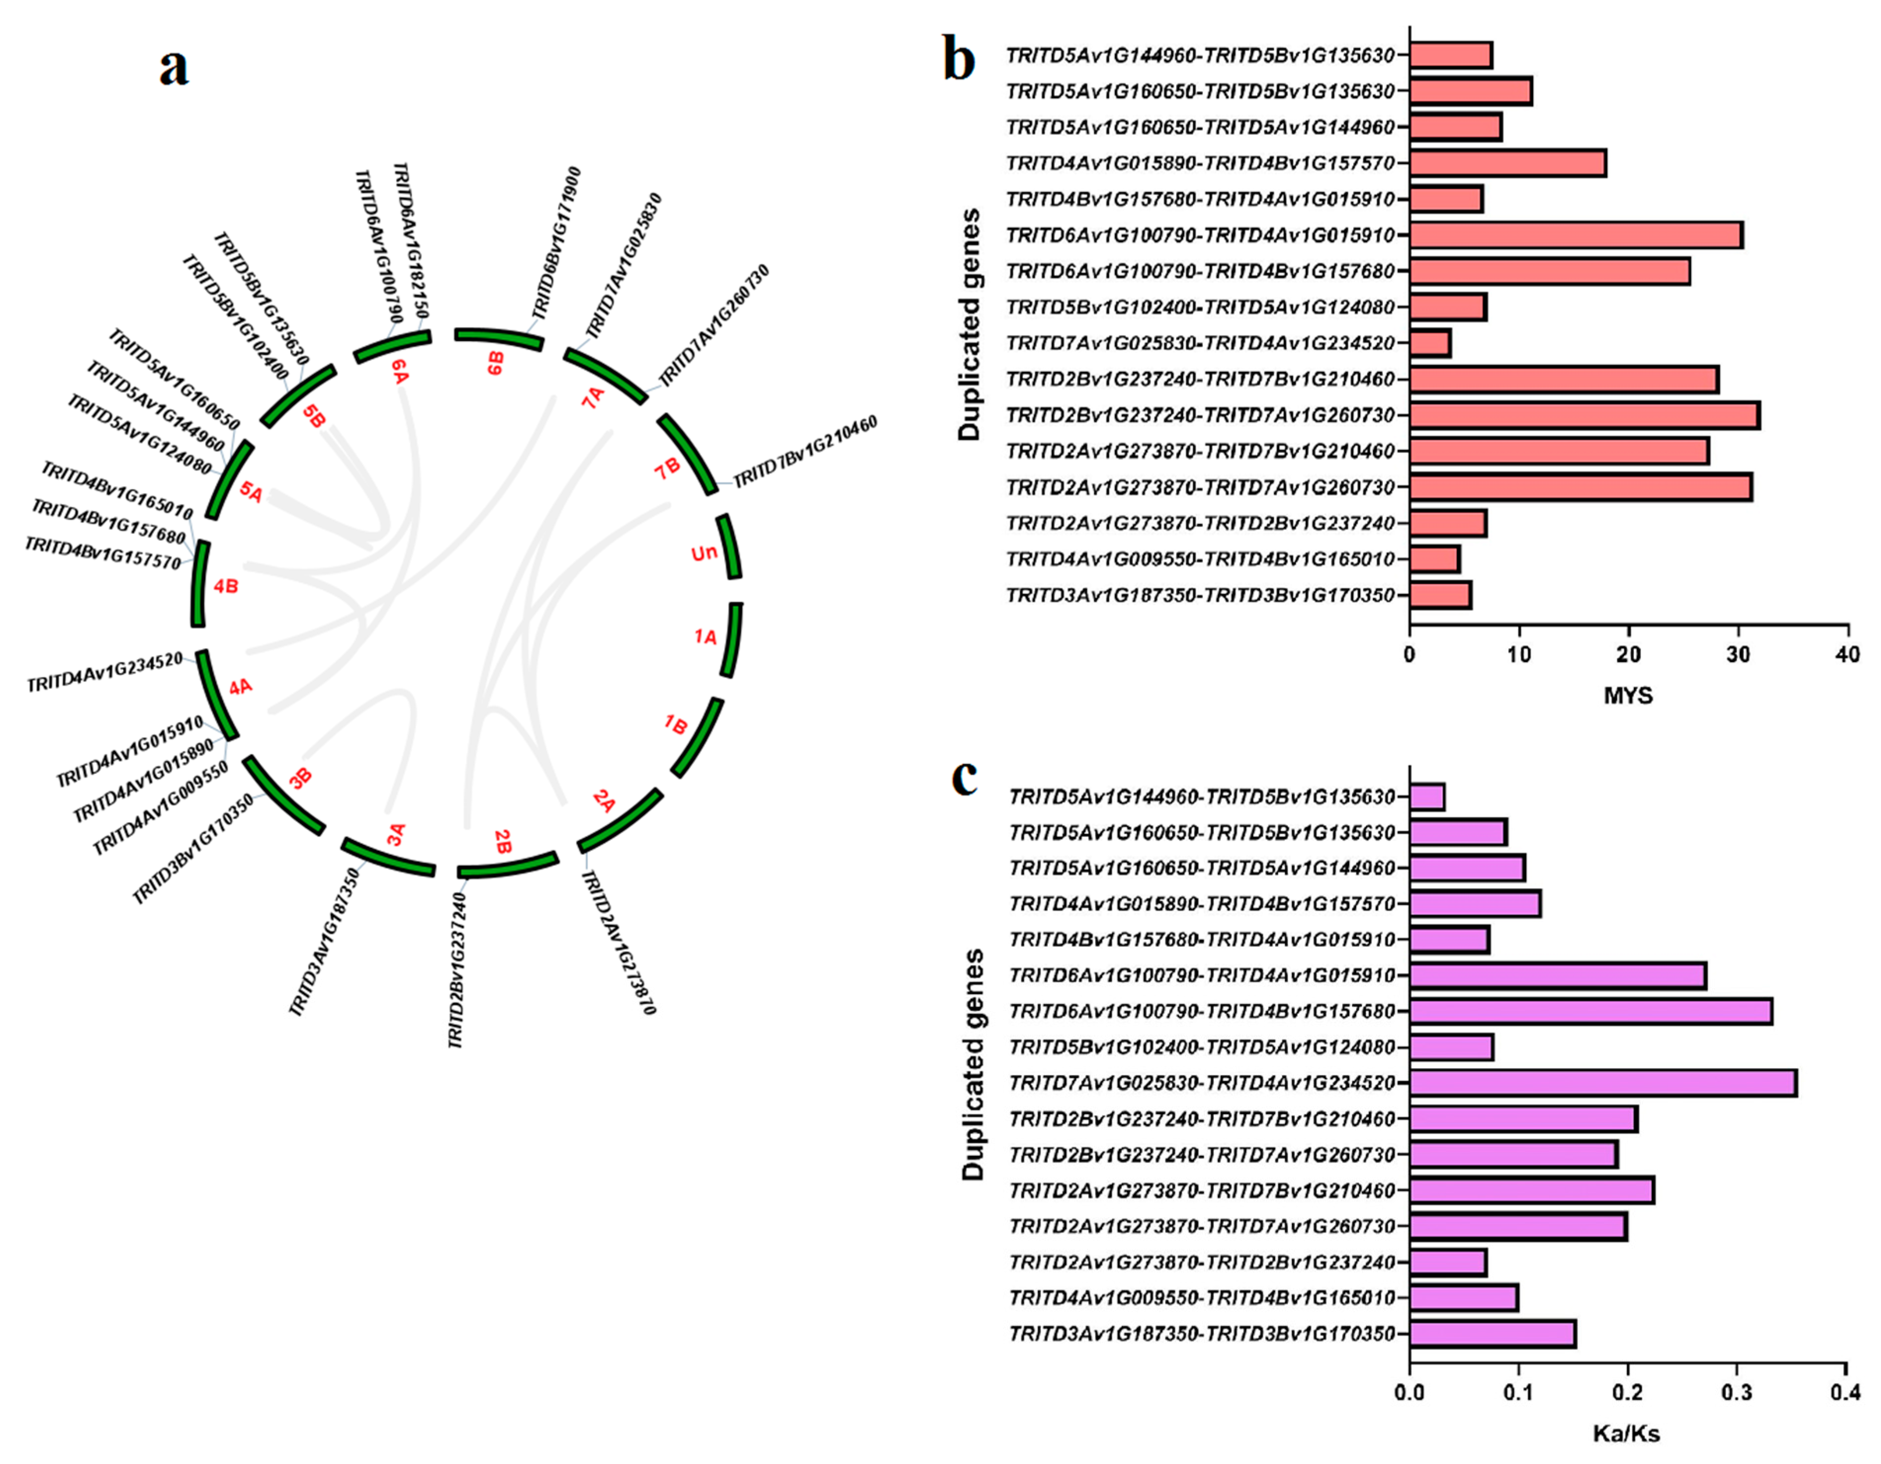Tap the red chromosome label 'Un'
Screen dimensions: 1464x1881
pos(704,553)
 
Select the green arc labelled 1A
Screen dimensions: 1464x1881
pos(734,640)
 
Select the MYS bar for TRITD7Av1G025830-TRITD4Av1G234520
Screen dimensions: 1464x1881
pos(1430,343)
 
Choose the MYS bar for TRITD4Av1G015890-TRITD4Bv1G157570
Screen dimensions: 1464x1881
pos(1507,163)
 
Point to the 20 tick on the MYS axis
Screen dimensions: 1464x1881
pos(1628,655)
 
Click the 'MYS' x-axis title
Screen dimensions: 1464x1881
pos(1628,695)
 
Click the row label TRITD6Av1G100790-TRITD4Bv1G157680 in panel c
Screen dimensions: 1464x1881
pos(1201,1011)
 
